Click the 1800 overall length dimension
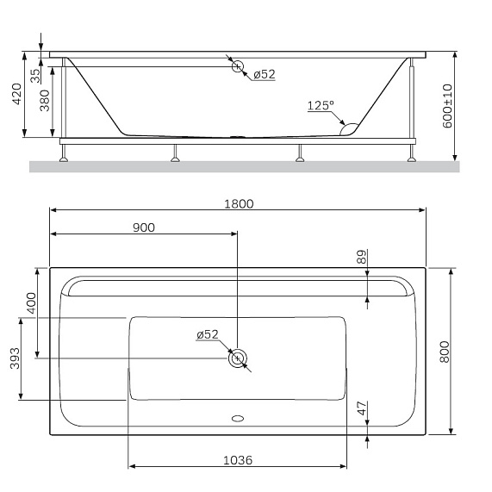(x=238, y=203)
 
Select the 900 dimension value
(x=144, y=227)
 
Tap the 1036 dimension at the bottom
(x=238, y=460)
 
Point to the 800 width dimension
(x=445, y=352)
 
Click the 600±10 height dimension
(x=446, y=106)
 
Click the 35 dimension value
(x=35, y=74)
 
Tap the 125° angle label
(x=320, y=106)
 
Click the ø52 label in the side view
(x=264, y=75)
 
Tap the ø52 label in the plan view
(x=208, y=334)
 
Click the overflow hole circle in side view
(x=239, y=67)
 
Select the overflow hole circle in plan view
(x=237, y=358)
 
